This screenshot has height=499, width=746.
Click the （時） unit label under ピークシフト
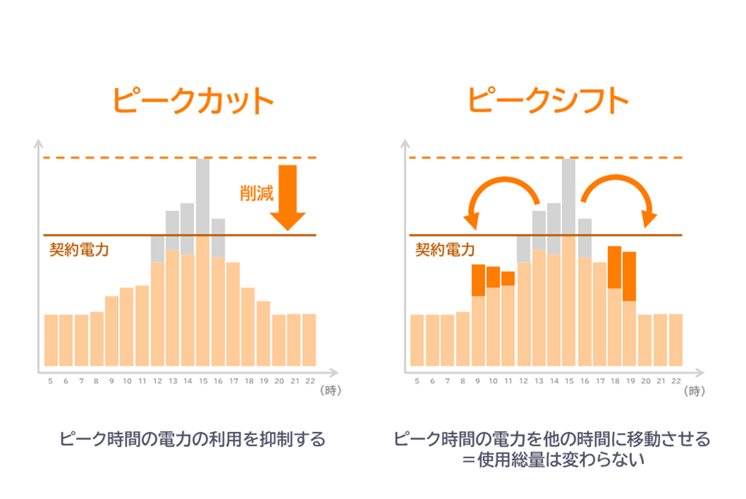point(695,391)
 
